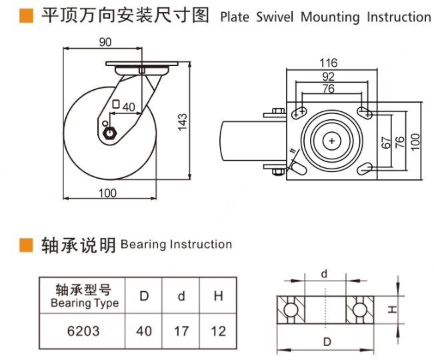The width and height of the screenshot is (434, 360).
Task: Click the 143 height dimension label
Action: coord(183,121)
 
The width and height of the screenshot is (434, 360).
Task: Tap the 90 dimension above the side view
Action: coord(105,43)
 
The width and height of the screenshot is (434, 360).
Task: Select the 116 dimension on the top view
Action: coord(329,63)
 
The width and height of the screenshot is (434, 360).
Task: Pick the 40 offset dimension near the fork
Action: coord(129,106)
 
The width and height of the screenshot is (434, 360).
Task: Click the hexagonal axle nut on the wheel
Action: coord(111,132)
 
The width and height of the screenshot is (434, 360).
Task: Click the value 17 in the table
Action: coord(181,330)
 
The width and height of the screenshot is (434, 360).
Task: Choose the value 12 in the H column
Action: coord(218,330)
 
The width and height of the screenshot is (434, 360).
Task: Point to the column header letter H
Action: coord(218,296)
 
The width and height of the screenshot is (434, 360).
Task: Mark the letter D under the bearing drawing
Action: coord(325,343)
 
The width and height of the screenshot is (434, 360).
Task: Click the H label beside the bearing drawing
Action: coord(393,309)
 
